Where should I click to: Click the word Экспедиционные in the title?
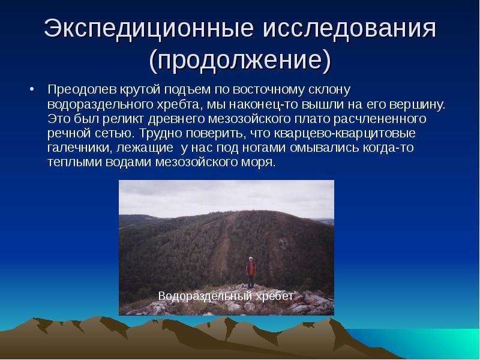pos(149,29)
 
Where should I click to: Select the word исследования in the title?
pos(350,28)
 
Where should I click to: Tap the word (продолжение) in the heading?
pos(241,59)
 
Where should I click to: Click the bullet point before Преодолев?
pos(32,89)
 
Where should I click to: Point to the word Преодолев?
pos(82,89)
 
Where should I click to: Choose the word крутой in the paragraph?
pos(140,90)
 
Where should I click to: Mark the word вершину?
pos(417,104)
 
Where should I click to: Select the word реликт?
pos(123,119)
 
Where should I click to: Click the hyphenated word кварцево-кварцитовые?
pos(344,133)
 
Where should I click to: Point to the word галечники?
pos(80,148)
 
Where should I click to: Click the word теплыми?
pos(75,162)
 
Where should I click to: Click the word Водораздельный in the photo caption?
pos(205,296)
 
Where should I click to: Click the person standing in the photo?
pos(251,272)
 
